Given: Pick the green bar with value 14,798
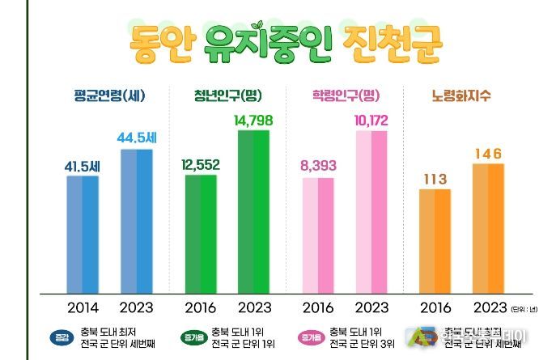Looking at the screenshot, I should click(253, 210).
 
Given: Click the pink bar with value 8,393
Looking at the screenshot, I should click(318, 235).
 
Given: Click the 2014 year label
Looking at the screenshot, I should click(82, 308).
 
